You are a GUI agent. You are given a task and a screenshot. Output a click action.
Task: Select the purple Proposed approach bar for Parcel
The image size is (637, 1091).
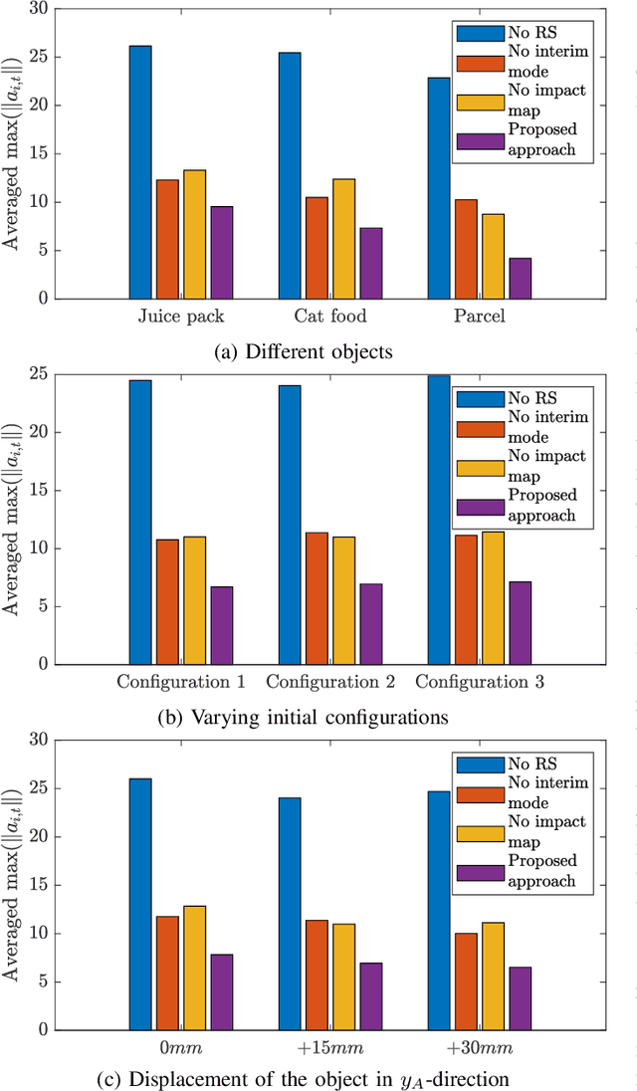(x=520, y=278)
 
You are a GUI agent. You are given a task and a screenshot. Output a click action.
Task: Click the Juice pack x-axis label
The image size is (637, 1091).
(x=180, y=317)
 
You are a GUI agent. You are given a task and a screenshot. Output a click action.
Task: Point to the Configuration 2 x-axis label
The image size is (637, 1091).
(x=329, y=683)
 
